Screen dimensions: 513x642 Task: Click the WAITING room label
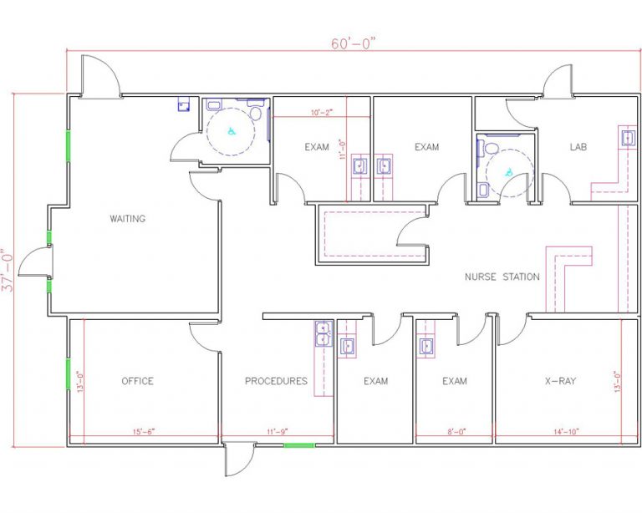pos(127,219)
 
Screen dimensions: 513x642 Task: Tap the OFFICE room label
pos(137,381)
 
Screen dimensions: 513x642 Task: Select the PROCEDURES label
pos(276,381)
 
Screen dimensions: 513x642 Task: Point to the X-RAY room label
pos(560,381)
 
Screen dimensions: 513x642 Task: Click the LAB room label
pos(578,147)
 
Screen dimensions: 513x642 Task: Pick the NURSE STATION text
pos(502,277)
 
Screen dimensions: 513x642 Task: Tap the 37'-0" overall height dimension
pos(9,269)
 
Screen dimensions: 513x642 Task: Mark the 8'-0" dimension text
pos(455,432)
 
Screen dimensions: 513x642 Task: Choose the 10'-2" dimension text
pos(322,112)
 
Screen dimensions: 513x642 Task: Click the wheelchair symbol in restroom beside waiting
pos(232,130)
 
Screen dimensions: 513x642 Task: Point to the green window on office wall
pos(68,373)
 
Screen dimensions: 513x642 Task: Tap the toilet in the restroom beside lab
pos(492,149)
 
